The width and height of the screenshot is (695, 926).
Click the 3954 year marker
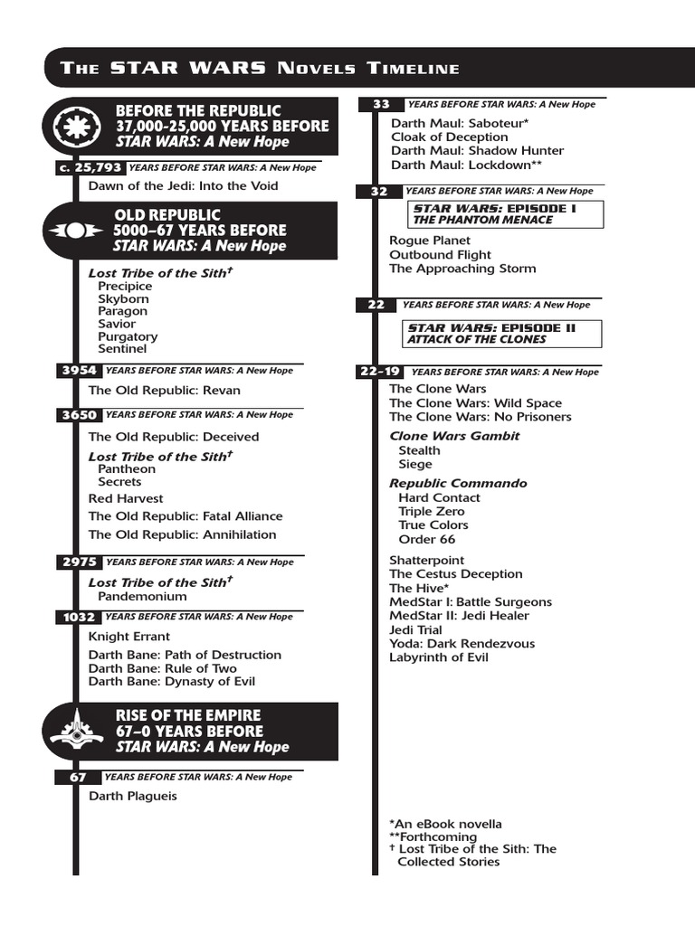pos(79,370)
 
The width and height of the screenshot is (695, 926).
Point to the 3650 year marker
pos(79,415)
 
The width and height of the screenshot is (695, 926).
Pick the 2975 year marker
pos(79,562)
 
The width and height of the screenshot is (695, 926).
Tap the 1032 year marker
pos(79,617)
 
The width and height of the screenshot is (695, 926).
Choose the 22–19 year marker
pos(379,372)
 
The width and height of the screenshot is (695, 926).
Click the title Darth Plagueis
pos(133,796)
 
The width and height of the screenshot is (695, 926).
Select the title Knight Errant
pos(129,636)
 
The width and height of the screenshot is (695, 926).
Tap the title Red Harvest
pos(126,498)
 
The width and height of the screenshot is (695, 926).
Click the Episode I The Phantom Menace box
pos(504,214)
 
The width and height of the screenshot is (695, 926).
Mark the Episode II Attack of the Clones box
pos(502,334)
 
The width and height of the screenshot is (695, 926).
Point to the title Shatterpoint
pos(425,560)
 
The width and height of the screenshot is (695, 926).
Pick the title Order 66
pos(427,539)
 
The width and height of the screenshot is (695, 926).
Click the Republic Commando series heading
pos(458,483)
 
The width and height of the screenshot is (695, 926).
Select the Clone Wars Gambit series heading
pos(454,436)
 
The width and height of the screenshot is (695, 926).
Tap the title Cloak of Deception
pos(450,137)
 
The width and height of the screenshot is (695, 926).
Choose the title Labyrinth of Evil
pos(439,657)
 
